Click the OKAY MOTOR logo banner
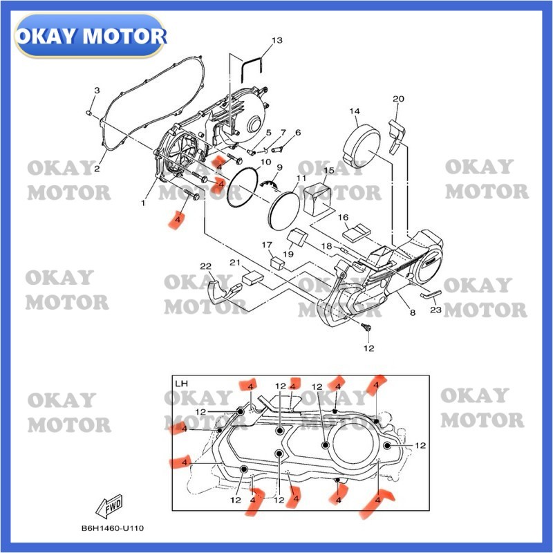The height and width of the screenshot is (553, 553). pyautogui.click(x=91, y=35)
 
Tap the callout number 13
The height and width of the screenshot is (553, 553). pyautogui.click(x=277, y=41)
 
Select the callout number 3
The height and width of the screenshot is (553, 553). pyautogui.click(x=97, y=91)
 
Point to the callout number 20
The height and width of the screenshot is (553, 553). pyautogui.click(x=397, y=99)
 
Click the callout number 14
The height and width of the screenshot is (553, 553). pyautogui.click(x=355, y=111)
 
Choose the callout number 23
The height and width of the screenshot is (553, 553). pyautogui.click(x=435, y=310)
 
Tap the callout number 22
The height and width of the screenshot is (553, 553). pyautogui.click(x=205, y=267)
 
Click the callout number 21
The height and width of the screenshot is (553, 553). pyautogui.click(x=234, y=263)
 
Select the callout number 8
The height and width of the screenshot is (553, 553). pyautogui.click(x=412, y=313)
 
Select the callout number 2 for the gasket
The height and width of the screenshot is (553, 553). pyautogui.click(x=97, y=169)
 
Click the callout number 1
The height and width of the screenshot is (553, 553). pyautogui.click(x=143, y=203)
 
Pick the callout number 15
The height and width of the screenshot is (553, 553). pyautogui.click(x=329, y=170)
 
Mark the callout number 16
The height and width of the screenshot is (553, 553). pyautogui.click(x=343, y=218)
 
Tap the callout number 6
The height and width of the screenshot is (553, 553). pyautogui.click(x=298, y=133)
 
